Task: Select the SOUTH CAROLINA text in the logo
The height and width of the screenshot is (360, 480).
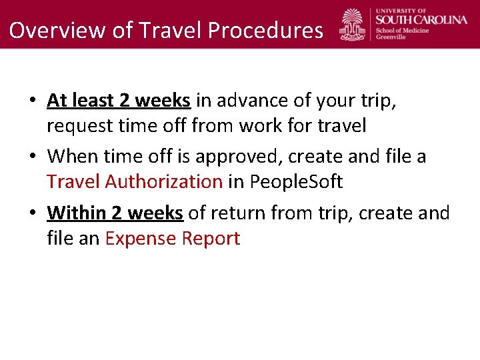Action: click(422, 19)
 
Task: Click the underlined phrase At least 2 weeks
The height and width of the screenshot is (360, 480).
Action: click(119, 101)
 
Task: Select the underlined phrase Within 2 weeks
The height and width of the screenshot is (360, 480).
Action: click(115, 213)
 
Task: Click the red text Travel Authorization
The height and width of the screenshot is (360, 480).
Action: click(135, 181)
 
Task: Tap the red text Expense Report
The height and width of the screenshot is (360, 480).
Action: click(173, 238)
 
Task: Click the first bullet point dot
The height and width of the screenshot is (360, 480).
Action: click(32, 101)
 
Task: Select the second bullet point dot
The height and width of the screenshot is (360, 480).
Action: click(32, 157)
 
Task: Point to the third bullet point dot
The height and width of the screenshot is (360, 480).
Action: click(32, 214)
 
